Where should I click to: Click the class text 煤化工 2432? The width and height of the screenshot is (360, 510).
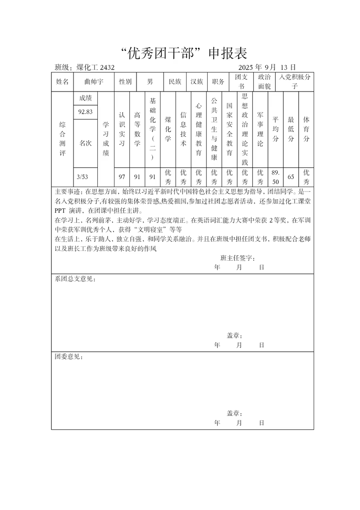point(95,68)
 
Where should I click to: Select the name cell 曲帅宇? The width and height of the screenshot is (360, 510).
point(94,82)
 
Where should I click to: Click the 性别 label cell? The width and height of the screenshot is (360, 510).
point(125,82)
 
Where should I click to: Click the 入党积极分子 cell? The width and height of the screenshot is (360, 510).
point(295,82)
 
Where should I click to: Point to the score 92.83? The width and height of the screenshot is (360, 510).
point(85,112)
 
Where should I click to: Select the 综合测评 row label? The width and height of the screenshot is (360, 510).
point(62,138)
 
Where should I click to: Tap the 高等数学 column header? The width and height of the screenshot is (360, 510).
point(137,129)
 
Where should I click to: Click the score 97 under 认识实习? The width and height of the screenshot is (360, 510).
point(122,176)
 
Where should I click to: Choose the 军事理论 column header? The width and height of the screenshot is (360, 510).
point(260,130)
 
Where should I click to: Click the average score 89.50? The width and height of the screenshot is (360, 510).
point(275,176)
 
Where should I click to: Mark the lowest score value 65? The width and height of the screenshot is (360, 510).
point(291,177)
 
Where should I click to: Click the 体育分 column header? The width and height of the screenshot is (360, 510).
point(306,129)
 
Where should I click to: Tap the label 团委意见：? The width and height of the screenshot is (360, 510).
point(68,357)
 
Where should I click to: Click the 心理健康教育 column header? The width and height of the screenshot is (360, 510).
point(198,129)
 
